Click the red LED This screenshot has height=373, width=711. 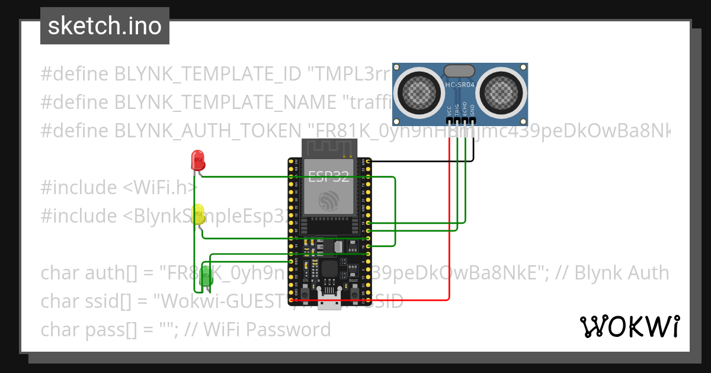(197, 160)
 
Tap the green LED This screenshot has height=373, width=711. (206, 277)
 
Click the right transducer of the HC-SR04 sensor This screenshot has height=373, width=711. (502, 91)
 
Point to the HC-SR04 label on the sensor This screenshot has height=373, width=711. (460, 85)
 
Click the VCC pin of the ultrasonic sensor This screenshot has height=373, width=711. (450, 120)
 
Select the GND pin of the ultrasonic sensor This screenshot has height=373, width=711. (473, 120)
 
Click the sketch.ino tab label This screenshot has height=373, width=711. (105, 26)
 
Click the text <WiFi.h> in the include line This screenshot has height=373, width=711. (160, 188)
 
